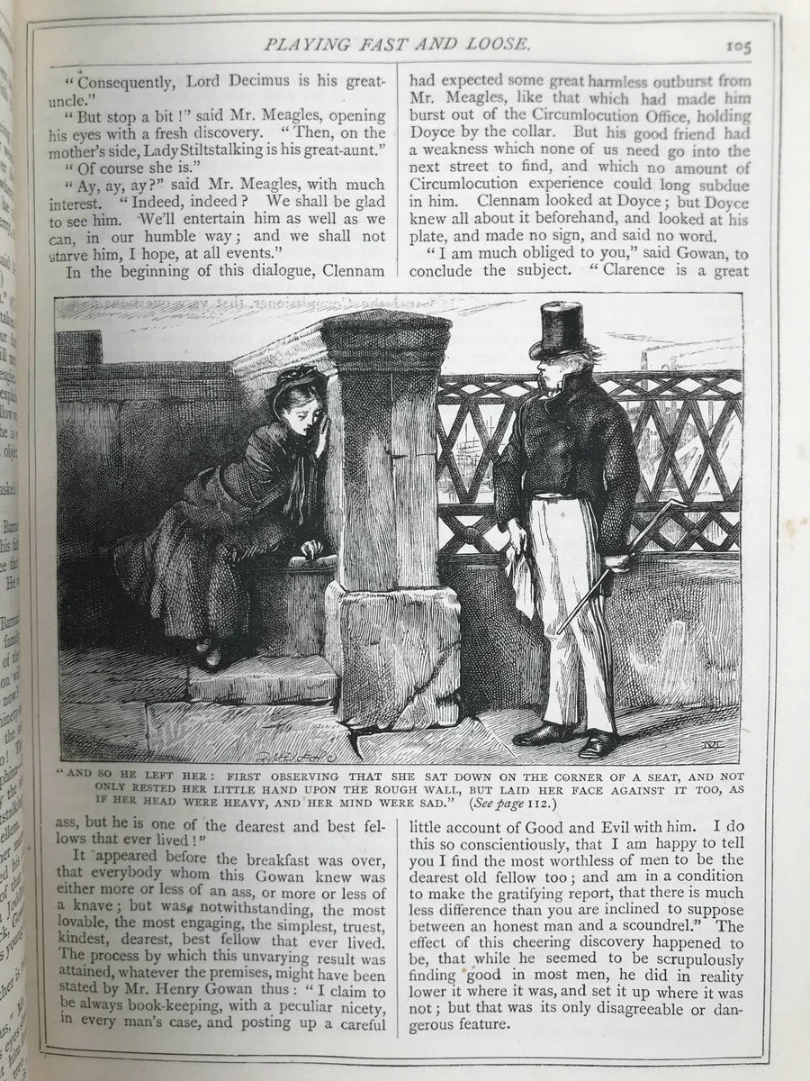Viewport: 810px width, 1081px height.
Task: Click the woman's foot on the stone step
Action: point(210,655)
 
